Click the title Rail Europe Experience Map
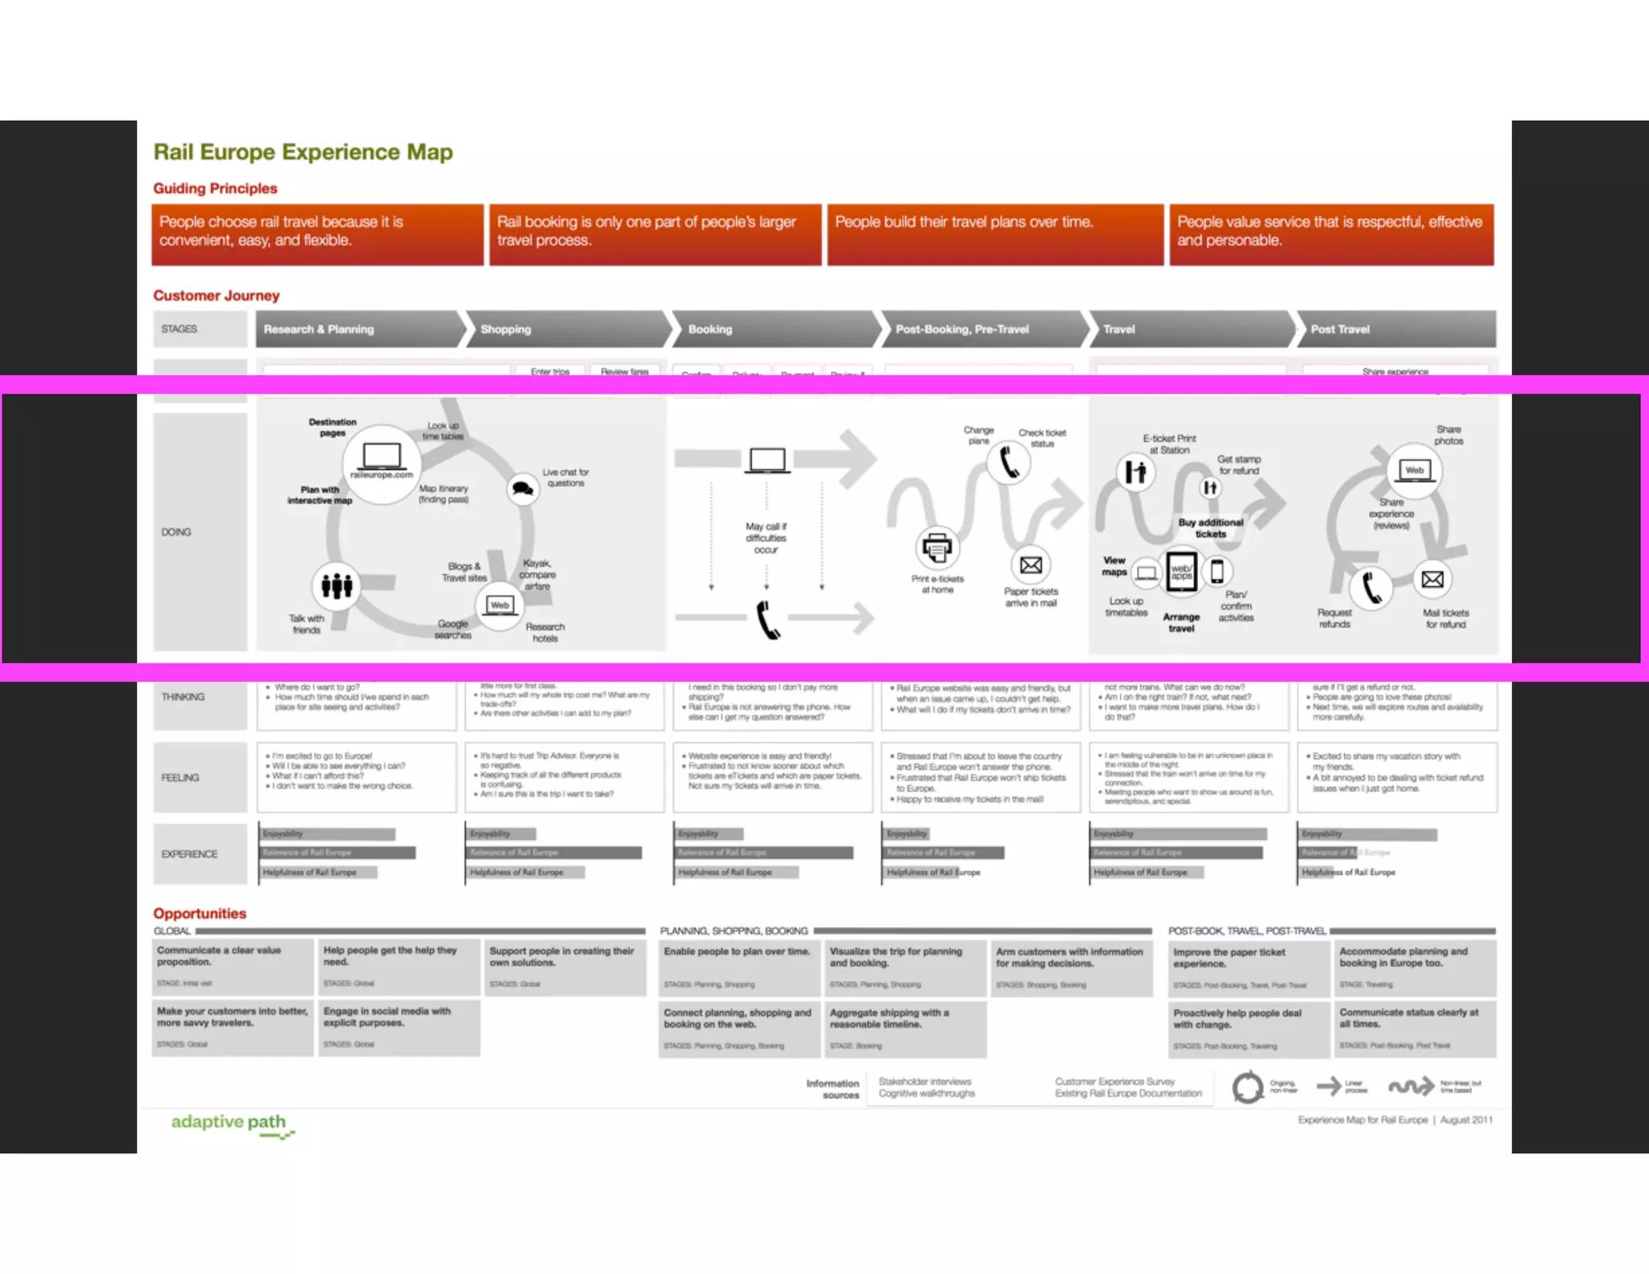tap(303, 152)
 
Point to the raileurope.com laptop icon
tap(382, 459)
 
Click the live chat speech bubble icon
tap(523, 489)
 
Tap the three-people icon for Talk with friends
tap(337, 585)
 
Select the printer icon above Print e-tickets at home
tap(936, 548)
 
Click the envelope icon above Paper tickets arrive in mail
tap(1031, 565)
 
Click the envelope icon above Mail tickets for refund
tap(1432, 579)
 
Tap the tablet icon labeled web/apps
tap(1181, 572)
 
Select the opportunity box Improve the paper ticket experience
tap(1249, 967)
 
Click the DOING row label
tap(176, 532)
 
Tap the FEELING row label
tap(180, 777)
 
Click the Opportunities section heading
tap(200, 913)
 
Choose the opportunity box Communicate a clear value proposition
tap(232, 966)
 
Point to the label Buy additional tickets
tap(1210, 527)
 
